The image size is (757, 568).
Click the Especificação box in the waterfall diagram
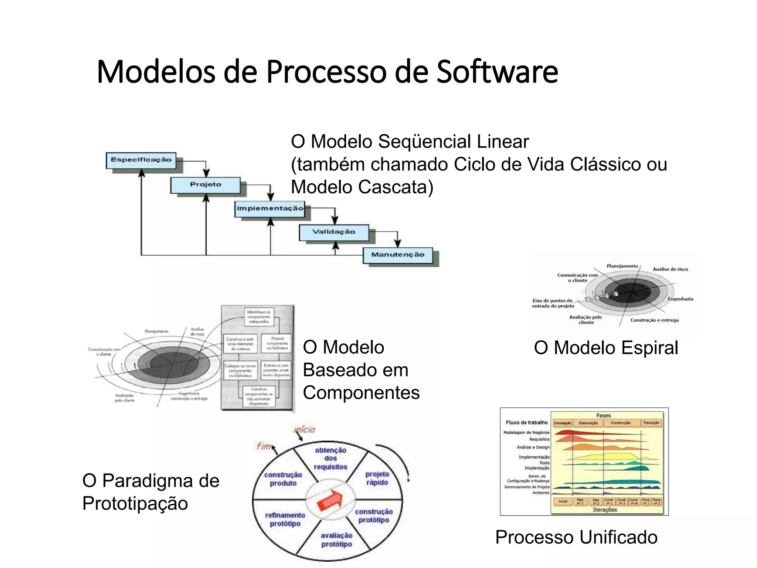coord(141,160)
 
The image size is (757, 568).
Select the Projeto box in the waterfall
coord(206,185)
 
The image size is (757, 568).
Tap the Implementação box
coord(270,209)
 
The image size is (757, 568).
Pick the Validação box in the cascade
coord(334,232)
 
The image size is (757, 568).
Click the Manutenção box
coord(398,255)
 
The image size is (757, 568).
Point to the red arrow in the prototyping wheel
coord(330,500)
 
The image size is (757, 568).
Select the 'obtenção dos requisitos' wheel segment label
coord(330,459)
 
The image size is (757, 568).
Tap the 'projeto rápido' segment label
coord(377,478)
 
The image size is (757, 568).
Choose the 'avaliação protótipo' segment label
coord(336,540)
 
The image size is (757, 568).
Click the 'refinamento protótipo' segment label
coord(285,519)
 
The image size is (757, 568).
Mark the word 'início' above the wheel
coord(304,430)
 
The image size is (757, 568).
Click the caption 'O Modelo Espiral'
coord(606,348)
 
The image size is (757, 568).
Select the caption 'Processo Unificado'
coord(576,537)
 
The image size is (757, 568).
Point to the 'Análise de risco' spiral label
coord(670,269)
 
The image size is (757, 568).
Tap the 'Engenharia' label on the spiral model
coord(680,299)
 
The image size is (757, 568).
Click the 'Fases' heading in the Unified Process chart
coord(604,415)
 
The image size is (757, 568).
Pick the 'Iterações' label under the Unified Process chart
coord(605,510)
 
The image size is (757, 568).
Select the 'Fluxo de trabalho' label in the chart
coord(527,422)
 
